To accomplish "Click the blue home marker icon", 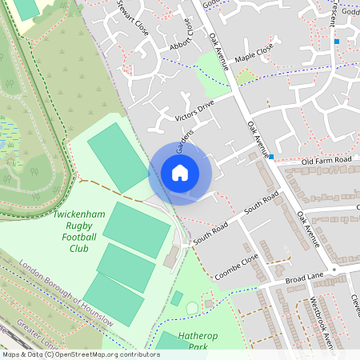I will pyautogui.click(x=180, y=173).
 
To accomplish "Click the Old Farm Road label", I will pyautogui.click(x=326, y=161).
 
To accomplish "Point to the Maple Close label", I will pyautogui.click(x=254, y=58).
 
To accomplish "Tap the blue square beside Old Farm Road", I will pyautogui.click(x=272, y=157).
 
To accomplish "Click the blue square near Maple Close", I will pyautogui.click(x=337, y=42).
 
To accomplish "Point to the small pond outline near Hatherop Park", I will pyautogui.click(x=192, y=308).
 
